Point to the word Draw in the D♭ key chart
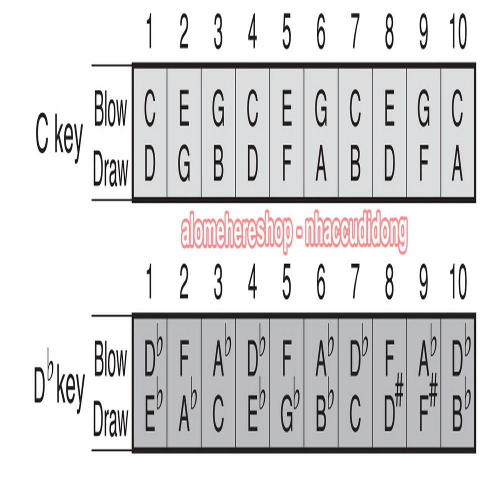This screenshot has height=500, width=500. [x=110, y=418]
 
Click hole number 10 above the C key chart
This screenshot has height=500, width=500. [x=458, y=32]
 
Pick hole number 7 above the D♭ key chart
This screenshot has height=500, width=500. [x=354, y=282]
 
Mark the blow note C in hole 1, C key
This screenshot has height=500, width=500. [x=150, y=108]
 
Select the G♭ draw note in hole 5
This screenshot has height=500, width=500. [x=290, y=405]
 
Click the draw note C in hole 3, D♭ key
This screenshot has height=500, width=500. [x=218, y=414]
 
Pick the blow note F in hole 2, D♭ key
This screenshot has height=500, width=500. [x=184, y=358]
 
